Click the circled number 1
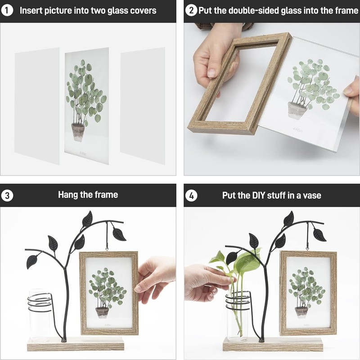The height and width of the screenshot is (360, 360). [7, 10]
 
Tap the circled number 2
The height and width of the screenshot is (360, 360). [191, 10]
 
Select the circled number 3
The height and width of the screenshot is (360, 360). [7, 196]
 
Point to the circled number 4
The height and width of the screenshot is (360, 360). [191, 196]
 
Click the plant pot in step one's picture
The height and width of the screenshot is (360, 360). [78, 132]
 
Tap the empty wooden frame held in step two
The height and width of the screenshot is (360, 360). [239, 83]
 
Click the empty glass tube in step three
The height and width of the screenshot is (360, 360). [40, 316]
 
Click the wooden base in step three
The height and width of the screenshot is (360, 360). [76, 344]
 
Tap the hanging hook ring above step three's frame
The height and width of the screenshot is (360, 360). [107, 249]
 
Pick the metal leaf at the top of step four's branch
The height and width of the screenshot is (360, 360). [288, 219]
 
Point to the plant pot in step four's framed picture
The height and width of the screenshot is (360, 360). [301, 311]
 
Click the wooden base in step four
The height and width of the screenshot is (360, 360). [273, 344]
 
